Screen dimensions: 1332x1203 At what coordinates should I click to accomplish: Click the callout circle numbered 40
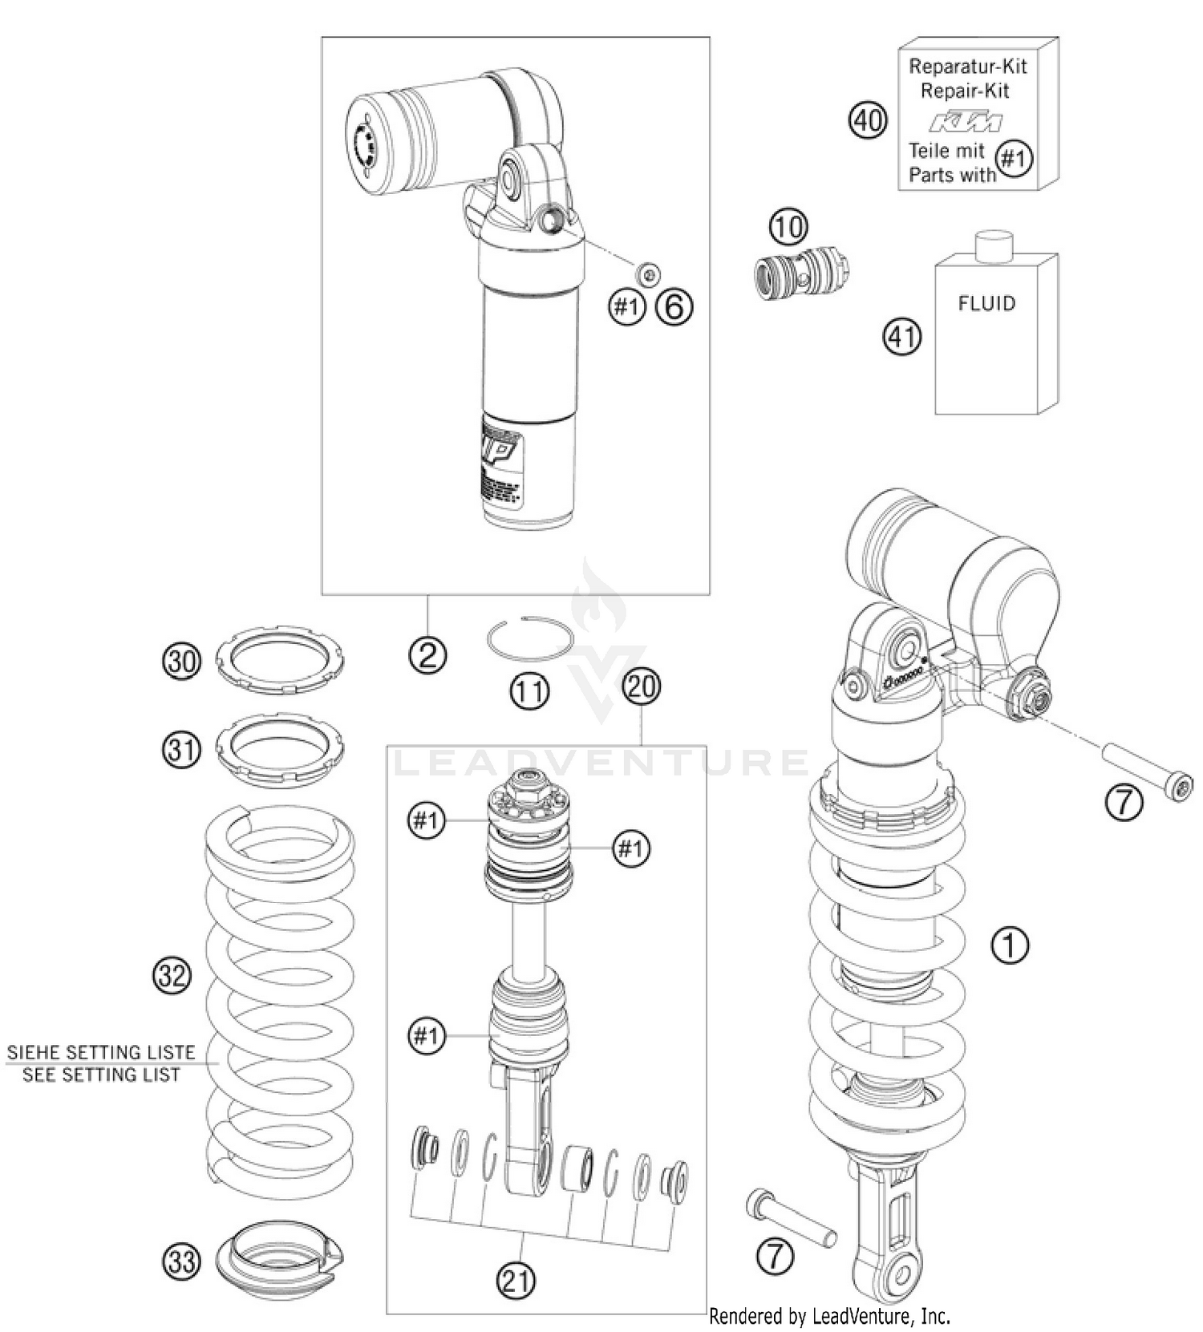pyautogui.click(x=869, y=122)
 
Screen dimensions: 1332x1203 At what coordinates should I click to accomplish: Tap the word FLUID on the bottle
pyautogui.click(x=986, y=304)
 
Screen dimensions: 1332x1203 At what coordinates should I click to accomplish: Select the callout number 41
pyautogui.click(x=902, y=336)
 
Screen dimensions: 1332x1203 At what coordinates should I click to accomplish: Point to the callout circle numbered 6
pyautogui.click(x=674, y=306)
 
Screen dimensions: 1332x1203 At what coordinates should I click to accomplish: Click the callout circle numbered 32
pyautogui.click(x=172, y=976)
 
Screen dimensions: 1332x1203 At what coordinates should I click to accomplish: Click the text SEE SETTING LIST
pyautogui.click(x=101, y=1075)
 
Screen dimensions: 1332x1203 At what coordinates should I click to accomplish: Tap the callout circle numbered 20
pyautogui.click(x=642, y=687)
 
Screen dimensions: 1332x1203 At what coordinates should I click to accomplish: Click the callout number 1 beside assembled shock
pyautogui.click(x=1010, y=945)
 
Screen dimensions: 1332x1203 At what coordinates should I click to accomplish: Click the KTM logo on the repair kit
pyautogui.click(x=966, y=123)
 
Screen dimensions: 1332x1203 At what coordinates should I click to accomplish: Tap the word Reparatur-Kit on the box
pyautogui.click(x=967, y=66)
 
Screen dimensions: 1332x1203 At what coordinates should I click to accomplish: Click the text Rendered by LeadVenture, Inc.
pyautogui.click(x=829, y=1316)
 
